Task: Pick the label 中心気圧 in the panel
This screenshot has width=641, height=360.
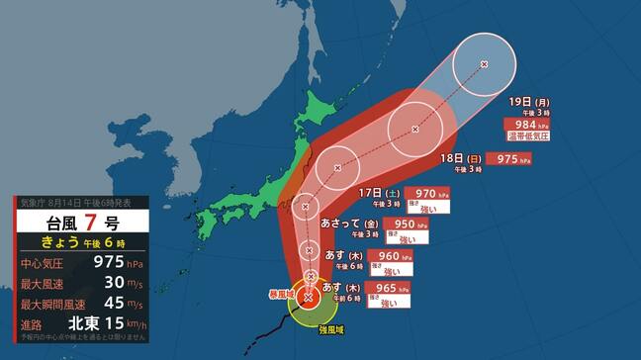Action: (44, 263)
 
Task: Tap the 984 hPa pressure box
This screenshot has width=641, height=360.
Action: (520, 124)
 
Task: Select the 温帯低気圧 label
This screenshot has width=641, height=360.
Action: (526, 137)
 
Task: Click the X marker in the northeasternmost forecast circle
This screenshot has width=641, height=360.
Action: (484, 64)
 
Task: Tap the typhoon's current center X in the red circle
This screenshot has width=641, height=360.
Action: (309, 297)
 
